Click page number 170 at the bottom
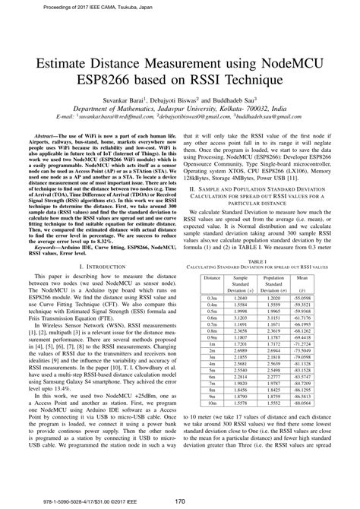(x=180, y=501)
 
